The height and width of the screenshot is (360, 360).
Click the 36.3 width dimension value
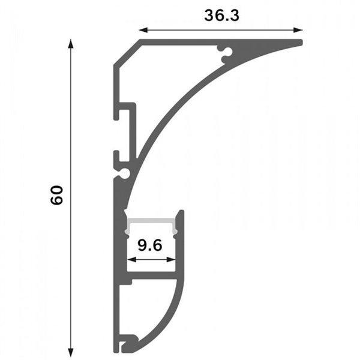click(x=221, y=16)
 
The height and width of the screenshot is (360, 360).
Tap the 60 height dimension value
click(x=57, y=196)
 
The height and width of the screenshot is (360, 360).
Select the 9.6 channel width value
click(x=151, y=245)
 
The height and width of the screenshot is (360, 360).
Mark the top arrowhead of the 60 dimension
click(x=71, y=44)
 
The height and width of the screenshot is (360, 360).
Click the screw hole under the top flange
click(x=227, y=55)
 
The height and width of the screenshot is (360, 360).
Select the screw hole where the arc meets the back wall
click(x=124, y=173)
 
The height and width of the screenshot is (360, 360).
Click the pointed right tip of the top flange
click(x=301, y=41)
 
